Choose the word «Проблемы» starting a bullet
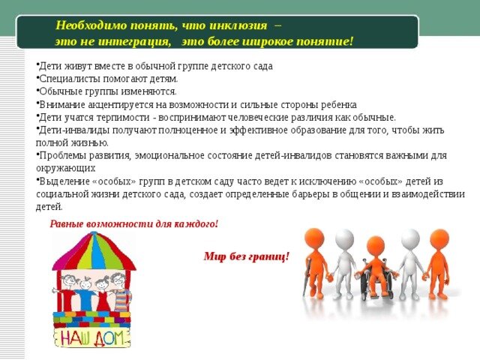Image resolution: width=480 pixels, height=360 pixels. click(62, 156)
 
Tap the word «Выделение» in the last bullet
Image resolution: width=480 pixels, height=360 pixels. click(64, 181)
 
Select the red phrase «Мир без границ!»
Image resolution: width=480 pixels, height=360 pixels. click(247, 256)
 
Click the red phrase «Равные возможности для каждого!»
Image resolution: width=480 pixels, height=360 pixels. click(133, 223)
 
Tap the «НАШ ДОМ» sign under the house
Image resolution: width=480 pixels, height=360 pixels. click(92, 337)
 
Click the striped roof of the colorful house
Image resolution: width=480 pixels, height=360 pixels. click(94, 251)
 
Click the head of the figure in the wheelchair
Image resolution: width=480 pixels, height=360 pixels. click(375, 246)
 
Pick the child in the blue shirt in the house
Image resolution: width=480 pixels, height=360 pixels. click(83, 294)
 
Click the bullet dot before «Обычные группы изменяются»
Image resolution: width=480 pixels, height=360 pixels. click(37, 90)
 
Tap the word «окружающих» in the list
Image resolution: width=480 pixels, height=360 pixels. click(65, 169)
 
